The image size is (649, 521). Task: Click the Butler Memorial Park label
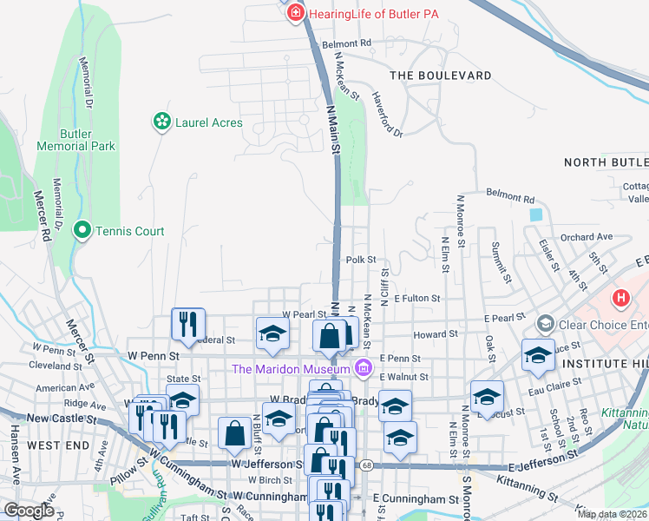pos(75,140)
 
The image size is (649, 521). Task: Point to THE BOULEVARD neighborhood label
pos(441,76)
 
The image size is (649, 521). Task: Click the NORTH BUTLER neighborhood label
pos(606,162)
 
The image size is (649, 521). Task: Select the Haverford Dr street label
pos(386,114)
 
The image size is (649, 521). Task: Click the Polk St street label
pos(361,260)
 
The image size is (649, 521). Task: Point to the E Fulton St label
pos(417,299)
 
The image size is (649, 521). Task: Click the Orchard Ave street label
pos(587,236)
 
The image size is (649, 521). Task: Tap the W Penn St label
pos(153,356)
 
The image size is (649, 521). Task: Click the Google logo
pos(28,511)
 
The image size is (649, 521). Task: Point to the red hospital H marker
pos(620,300)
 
